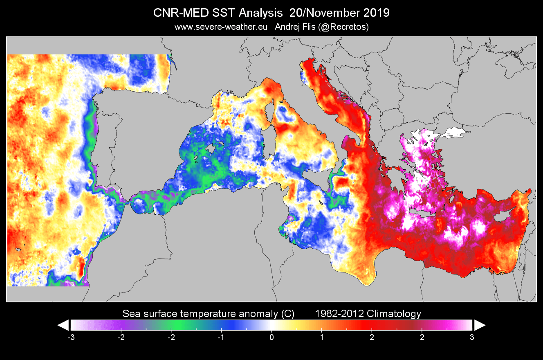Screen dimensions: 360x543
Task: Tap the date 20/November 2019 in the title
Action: tap(339, 13)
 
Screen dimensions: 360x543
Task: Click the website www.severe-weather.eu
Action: tap(221, 27)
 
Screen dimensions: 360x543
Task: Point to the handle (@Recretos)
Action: tap(346, 27)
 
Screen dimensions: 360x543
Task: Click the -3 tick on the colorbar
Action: tap(71, 337)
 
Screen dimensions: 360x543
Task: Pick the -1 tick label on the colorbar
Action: tap(221, 337)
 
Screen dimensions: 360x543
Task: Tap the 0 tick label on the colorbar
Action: tap(271, 337)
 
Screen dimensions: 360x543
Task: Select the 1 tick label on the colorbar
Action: tap(322, 337)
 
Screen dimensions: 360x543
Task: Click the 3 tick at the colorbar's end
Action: tap(472, 337)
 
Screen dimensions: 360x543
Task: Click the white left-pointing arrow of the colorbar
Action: tap(63, 325)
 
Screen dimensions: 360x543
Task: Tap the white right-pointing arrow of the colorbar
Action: tap(479, 325)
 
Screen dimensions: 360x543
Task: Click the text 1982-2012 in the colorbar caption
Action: tap(337, 314)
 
